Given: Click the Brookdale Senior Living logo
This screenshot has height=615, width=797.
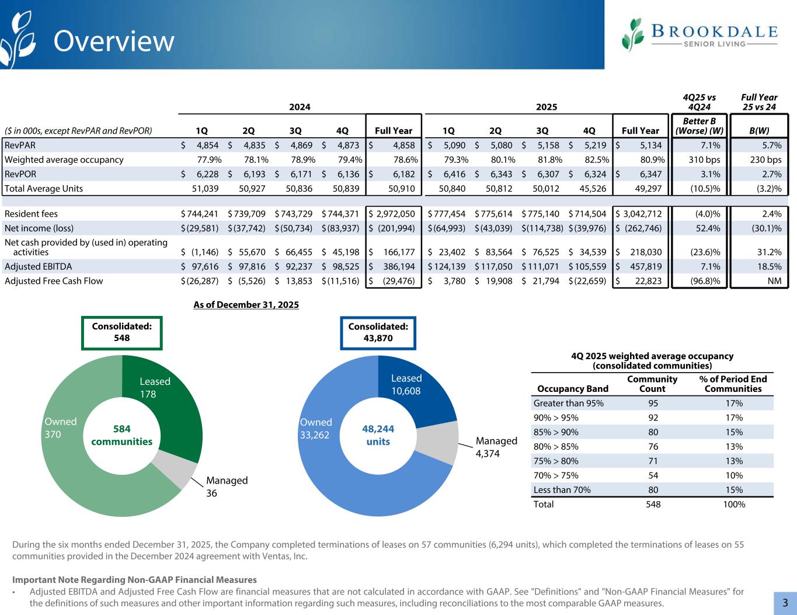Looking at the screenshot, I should [x=699, y=34].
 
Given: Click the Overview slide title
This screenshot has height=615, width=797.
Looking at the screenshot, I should [x=114, y=41].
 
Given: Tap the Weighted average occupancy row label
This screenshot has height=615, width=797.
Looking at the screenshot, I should [x=64, y=159].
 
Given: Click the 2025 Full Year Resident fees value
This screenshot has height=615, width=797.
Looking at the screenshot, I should [x=641, y=214].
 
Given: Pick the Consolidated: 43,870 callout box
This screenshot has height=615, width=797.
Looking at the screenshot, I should [x=378, y=332].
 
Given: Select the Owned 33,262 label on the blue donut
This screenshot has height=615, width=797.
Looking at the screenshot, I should [x=316, y=428].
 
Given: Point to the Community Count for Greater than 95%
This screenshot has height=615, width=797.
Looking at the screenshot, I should [x=653, y=403].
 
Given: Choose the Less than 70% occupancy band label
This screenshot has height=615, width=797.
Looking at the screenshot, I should [x=562, y=489].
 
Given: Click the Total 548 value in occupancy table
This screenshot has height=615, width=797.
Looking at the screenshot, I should [x=653, y=504].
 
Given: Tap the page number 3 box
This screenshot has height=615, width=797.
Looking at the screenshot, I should [x=785, y=603].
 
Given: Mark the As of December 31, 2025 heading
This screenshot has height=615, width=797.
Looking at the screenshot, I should [x=246, y=304].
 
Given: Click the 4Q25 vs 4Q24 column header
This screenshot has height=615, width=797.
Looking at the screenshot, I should [x=698, y=102].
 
